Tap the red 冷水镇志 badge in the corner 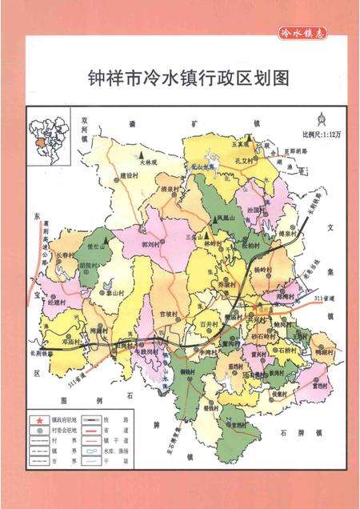pos(303,34)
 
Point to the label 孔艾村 pos(245,161)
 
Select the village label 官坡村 pos(169,314)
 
